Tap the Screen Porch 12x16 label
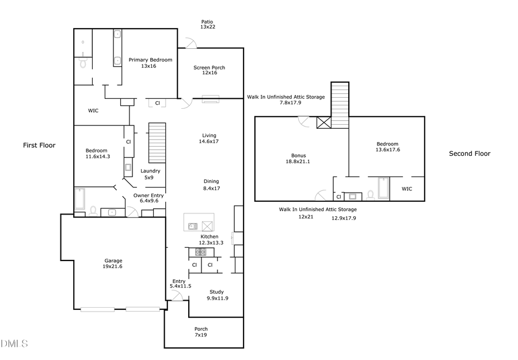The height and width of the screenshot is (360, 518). click(x=209, y=70)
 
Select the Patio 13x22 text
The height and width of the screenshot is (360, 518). click(x=207, y=24)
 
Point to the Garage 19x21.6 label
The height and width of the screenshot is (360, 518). click(x=113, y=264)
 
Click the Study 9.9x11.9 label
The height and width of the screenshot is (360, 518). click(x=217, y=295)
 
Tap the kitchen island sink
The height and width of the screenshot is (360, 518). click(x=193, y=225)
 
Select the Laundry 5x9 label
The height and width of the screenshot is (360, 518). click(x=150, y=174)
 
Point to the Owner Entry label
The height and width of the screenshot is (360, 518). click(x=148, y=198)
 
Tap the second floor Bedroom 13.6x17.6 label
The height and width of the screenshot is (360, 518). click(x=387, y=147)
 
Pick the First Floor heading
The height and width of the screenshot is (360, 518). click(x=39, y=145)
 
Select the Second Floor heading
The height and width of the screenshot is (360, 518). click(x=470, y=154)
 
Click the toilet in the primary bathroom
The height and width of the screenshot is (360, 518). click(x=83, y=63)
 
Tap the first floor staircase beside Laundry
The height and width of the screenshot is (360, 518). click(x=157, y=143)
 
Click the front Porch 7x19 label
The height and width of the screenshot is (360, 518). click(x=201, y=332)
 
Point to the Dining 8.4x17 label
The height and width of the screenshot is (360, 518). click(x=211, y=185)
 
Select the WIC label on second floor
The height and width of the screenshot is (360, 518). click(x=406, y=189)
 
